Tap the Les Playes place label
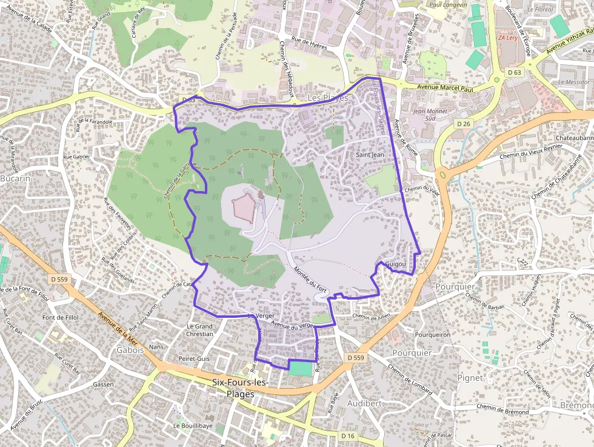(x=327, y=98)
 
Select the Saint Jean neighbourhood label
(x=370, y=155)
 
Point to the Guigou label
(x=395, y=265)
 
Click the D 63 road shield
(x=515, y=72)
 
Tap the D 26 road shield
(x=464, y=124)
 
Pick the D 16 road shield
(x=347, y=435)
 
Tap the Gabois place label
(x=130, y=350)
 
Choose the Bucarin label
(x=15, y=179)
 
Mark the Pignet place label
(x=470, y=377)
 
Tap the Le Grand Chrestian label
(x=199, y=330)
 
